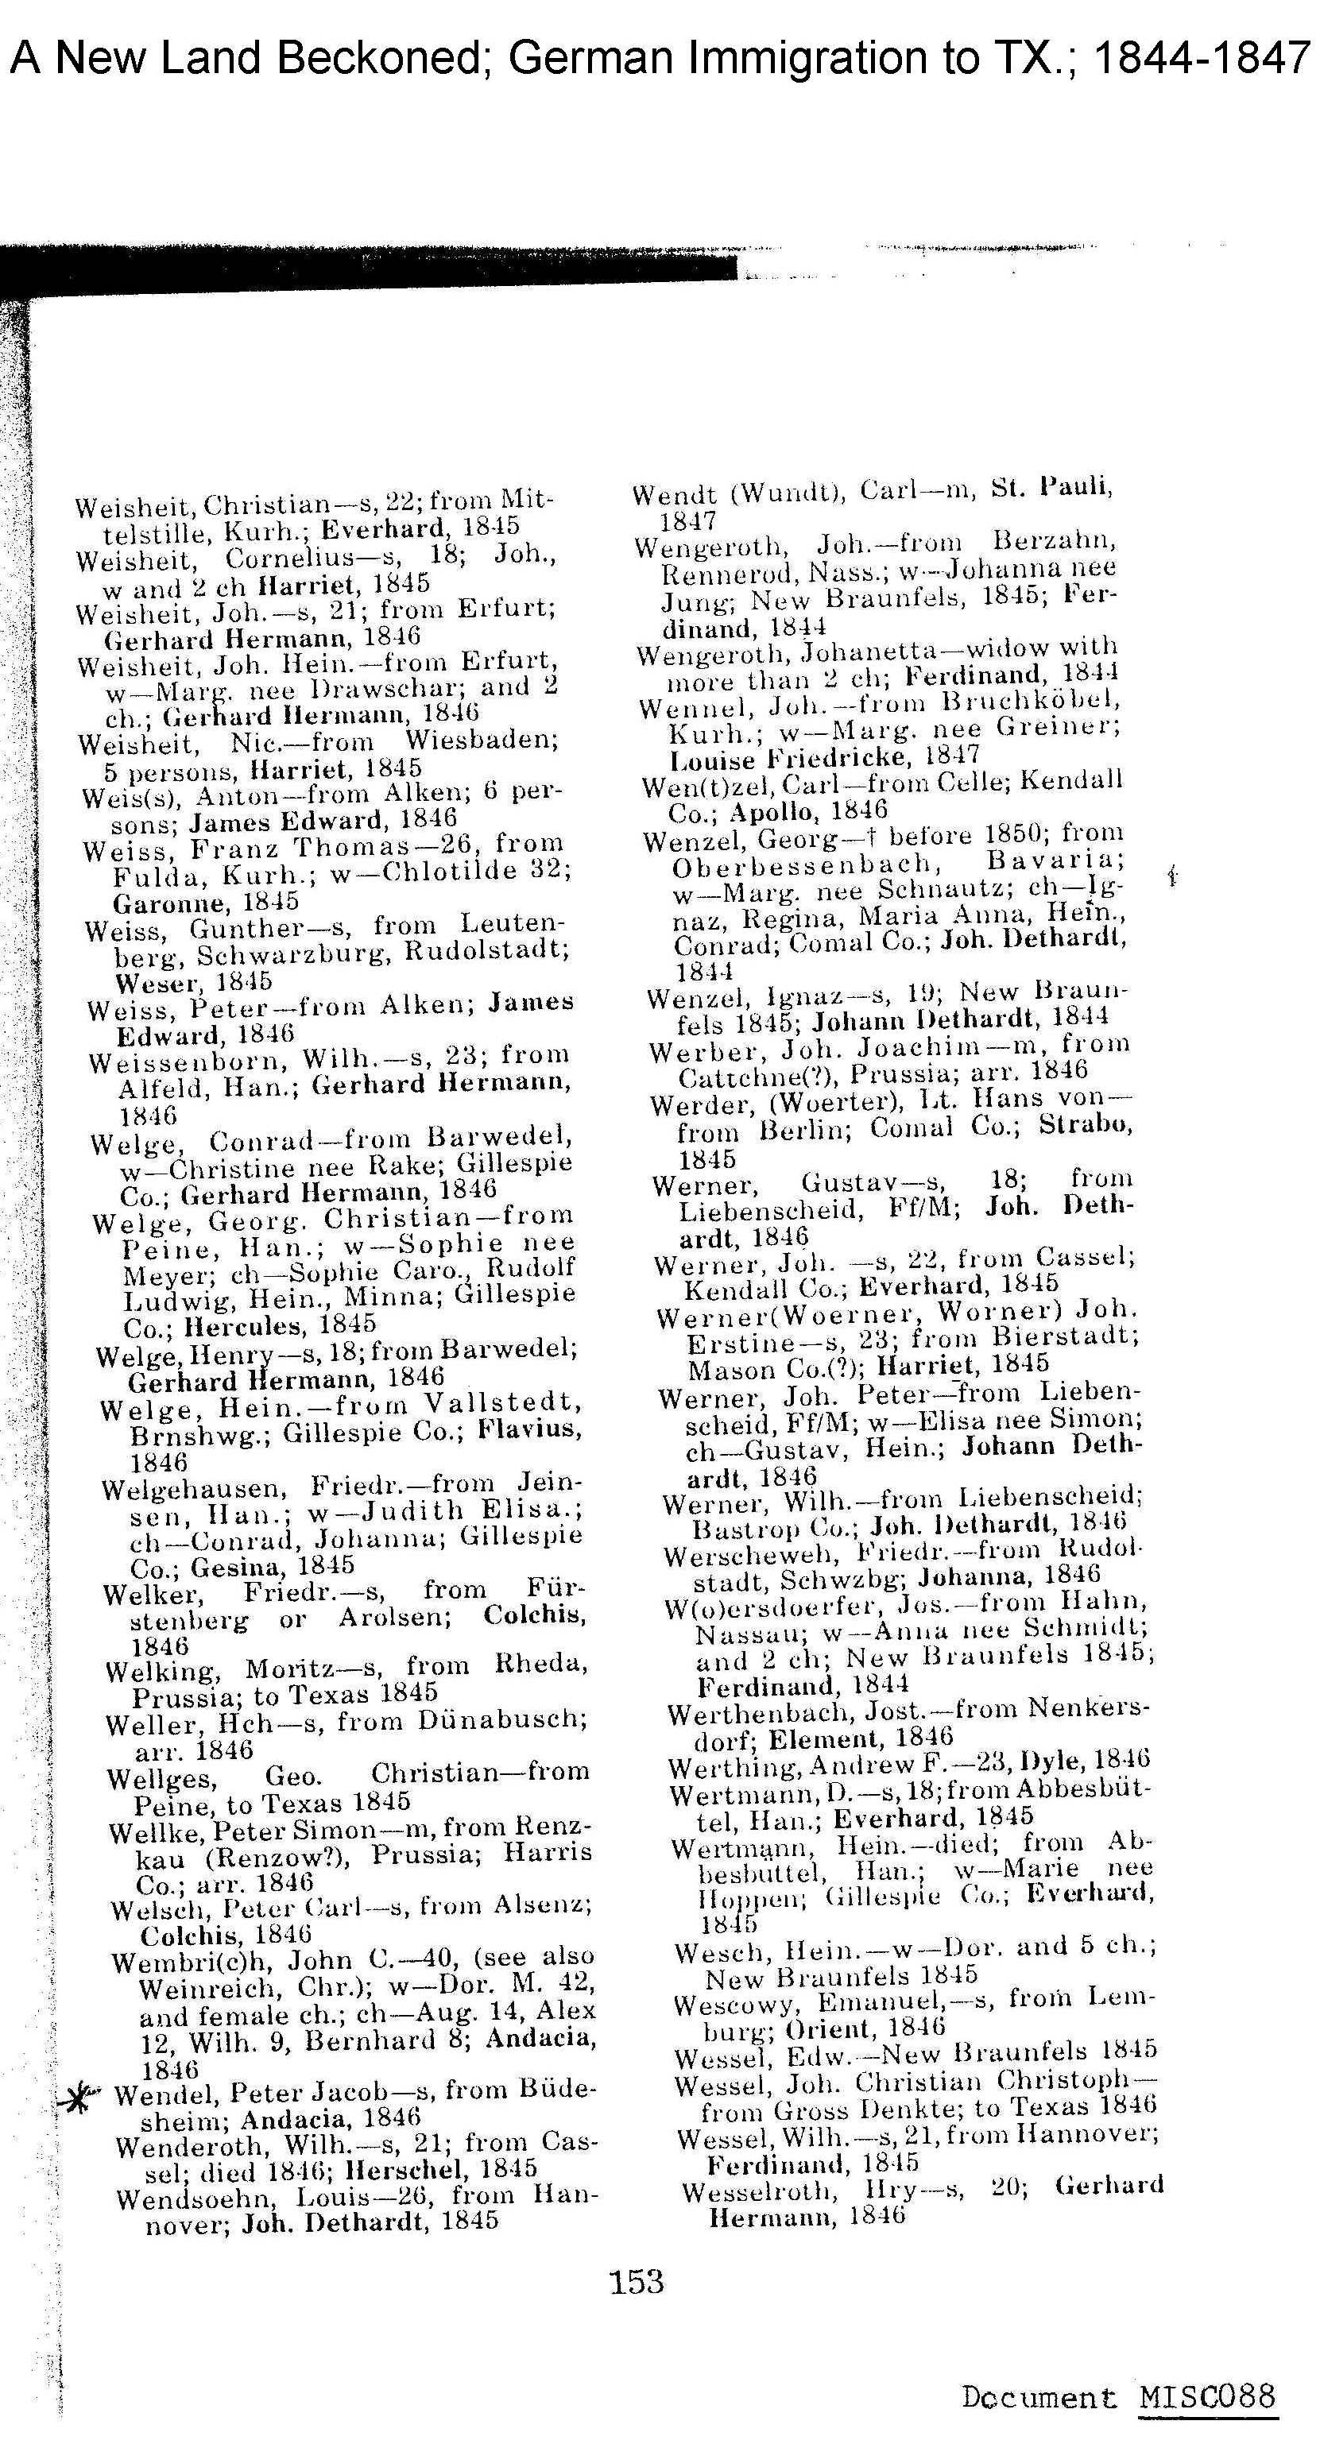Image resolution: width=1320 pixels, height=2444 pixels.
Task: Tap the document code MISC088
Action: click(1207, 2397)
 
